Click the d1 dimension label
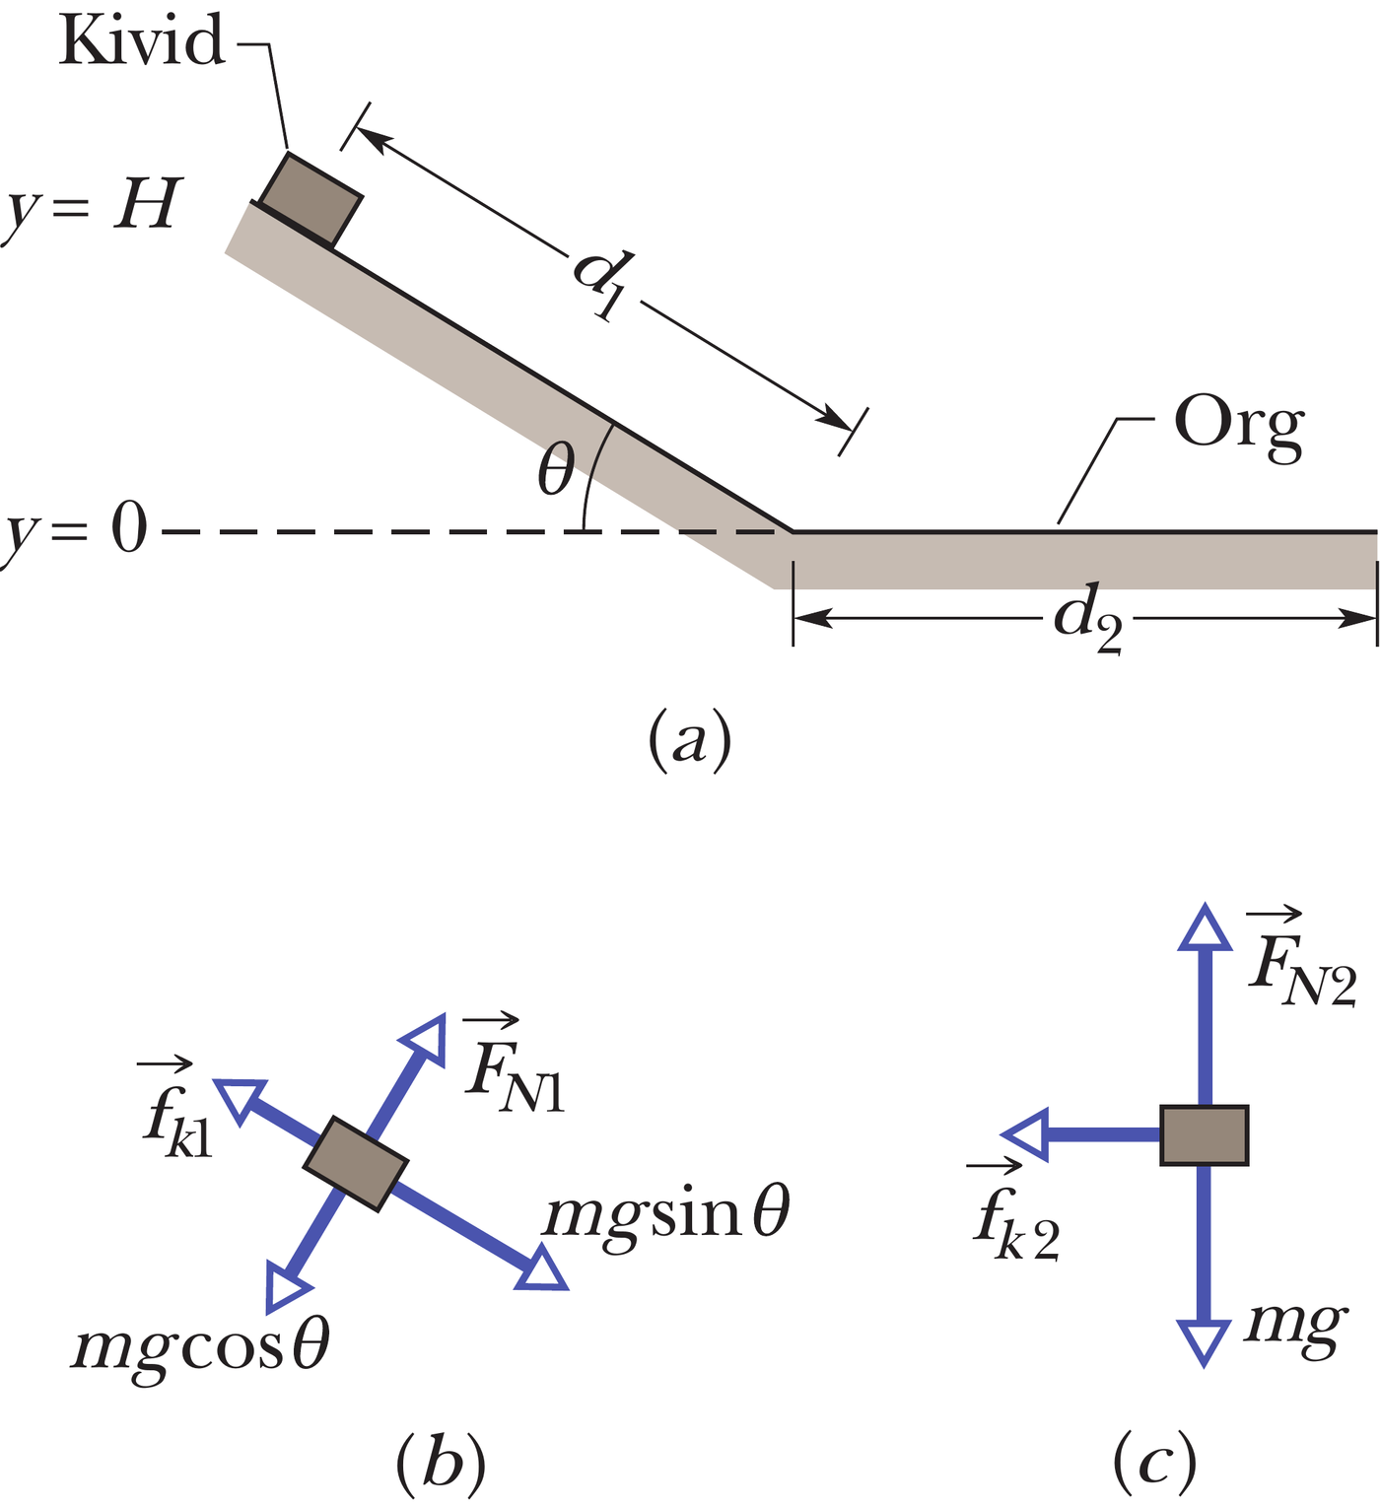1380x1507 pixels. (x=601, y=284)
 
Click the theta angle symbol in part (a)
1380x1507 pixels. (x=556, y=471)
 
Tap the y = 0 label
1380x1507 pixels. (x=74, y=533)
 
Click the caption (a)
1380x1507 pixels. (x=690, y=739)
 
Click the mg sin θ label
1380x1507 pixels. (x=666, y=1214)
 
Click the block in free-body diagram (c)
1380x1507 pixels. (x=1204, y=1135)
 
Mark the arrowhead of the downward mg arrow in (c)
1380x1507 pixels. (x=1204, y=1342)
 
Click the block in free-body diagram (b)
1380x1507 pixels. (x=355, y=1163)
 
